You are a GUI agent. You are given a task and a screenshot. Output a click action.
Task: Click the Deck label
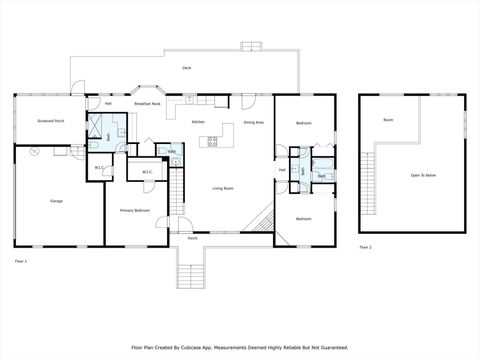point(187,67)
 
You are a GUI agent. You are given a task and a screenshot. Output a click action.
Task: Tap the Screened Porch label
point(51,121)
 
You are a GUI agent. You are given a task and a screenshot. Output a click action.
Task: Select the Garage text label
point(56,201)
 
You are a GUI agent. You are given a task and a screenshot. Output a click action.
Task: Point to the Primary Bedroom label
point(135,210)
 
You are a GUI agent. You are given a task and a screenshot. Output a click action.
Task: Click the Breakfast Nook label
point(148,104)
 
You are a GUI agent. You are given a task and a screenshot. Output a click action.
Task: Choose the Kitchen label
point(198,122)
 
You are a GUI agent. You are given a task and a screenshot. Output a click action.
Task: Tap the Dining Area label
point(253,122)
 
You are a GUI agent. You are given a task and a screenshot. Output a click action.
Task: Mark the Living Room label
point(223,188)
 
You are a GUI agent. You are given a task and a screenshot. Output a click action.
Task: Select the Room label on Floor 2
point(388,119)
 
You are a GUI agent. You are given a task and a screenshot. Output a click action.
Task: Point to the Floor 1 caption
point(20,260)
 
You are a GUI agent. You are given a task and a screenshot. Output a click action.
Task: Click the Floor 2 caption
point(365,247)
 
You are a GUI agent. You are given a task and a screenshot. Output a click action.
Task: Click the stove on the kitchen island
point(212,142)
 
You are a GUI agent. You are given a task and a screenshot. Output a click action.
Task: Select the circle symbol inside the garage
point(35,152)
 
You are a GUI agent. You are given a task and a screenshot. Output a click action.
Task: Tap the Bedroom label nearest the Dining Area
point(303,123)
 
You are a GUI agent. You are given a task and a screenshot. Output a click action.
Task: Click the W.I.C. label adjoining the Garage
point(99,167)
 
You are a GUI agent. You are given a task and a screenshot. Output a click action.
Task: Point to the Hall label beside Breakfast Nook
point(107,104)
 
